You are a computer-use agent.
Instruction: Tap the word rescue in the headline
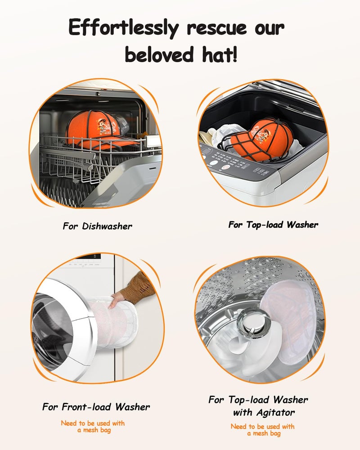tap(217, 28)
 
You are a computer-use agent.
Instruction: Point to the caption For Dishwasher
tap(97, 226)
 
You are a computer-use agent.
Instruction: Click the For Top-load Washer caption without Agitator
tap(273, 225)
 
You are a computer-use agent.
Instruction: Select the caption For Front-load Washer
tap(96, 407)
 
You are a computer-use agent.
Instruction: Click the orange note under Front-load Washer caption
tap(93, 427)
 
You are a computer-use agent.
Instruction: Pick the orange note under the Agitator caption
tap(263, 430)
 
